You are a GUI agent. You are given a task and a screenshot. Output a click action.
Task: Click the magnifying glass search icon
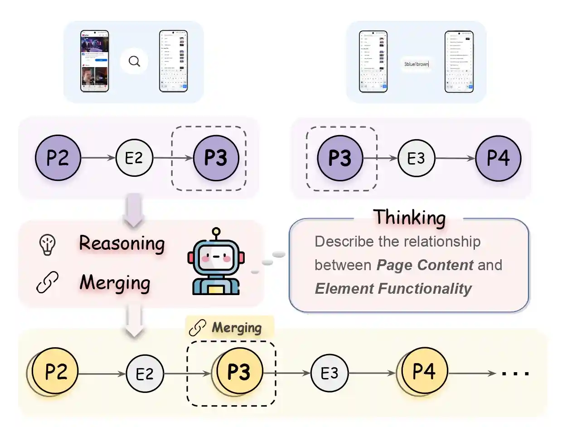tap(134, 61)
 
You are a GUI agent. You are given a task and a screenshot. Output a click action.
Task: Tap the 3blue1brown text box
tap(416, 64)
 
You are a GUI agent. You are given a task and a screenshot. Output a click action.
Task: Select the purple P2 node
tap(58, 158)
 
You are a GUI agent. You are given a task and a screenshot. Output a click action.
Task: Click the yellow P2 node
tap(56, 372)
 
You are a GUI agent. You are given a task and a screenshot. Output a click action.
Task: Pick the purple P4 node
tap(498, 159)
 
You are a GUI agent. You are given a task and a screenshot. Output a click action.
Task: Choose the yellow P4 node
tap(425, 372)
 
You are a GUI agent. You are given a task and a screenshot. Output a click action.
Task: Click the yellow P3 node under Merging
tap(239, 372)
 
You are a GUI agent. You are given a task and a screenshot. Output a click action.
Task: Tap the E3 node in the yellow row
tap(329, 374)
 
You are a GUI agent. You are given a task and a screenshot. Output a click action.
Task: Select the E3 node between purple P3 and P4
tap(416, 159)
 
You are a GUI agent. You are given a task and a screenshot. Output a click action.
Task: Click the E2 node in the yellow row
tap(145, 374)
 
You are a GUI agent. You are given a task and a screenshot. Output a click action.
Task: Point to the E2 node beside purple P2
tap(135, 158)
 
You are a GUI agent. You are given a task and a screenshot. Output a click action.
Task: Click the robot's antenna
tap(216, 232)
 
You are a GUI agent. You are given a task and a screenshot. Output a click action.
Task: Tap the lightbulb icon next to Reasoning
tap(47, 245)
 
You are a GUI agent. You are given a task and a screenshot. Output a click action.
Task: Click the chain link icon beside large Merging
tap(47, 283)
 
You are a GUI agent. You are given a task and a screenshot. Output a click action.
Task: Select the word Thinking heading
tap(409, 218)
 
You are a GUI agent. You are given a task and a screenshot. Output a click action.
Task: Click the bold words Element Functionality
tap(393, 288)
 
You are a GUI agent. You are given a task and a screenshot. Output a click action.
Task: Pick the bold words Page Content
tap(425, 265)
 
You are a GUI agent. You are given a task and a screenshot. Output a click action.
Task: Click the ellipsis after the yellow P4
tap(515, 374)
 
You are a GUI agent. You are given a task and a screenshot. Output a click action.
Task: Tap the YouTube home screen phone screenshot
tap(95, 61)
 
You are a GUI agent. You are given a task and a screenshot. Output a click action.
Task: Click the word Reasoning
tap(121, 244)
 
